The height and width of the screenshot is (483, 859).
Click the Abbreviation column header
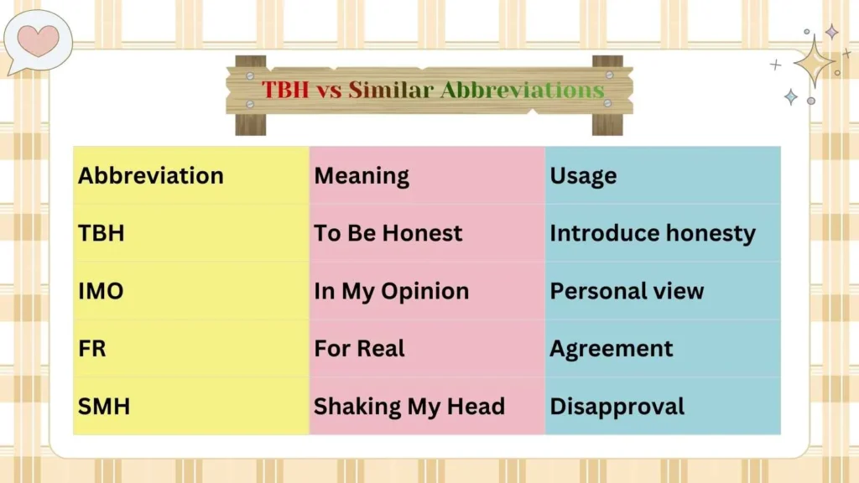(151, 176)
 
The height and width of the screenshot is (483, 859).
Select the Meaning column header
(362, 176)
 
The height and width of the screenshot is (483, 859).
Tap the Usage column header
(583, 176)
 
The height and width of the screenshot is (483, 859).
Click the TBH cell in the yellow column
(102, 233)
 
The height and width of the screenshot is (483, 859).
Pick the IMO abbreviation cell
(101, 291)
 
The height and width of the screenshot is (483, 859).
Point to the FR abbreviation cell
(92, 349)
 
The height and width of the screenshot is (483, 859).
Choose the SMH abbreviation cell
(104, 407)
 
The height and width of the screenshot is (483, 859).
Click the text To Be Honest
(388, 233)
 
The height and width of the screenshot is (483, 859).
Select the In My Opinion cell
(391, 291)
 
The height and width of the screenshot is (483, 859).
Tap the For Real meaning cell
(359, 349)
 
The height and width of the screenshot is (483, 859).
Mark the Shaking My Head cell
(409, 407)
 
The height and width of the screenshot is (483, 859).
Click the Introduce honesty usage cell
(652, 233)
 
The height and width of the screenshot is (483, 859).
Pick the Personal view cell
(627, 291)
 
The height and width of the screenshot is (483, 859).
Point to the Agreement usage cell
(611, 349)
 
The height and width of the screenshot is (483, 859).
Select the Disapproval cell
(617, 407)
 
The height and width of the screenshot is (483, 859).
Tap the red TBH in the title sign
(285, 90)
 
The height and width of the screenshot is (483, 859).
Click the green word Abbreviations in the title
(522, 90)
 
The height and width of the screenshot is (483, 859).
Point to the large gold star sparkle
(813, 60)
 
